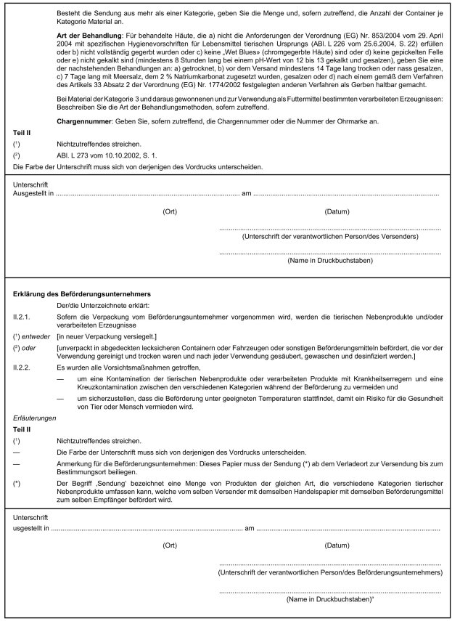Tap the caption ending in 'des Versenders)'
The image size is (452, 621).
[x=329, y=238]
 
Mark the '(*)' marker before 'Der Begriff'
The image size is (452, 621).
[x=17, y=482]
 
